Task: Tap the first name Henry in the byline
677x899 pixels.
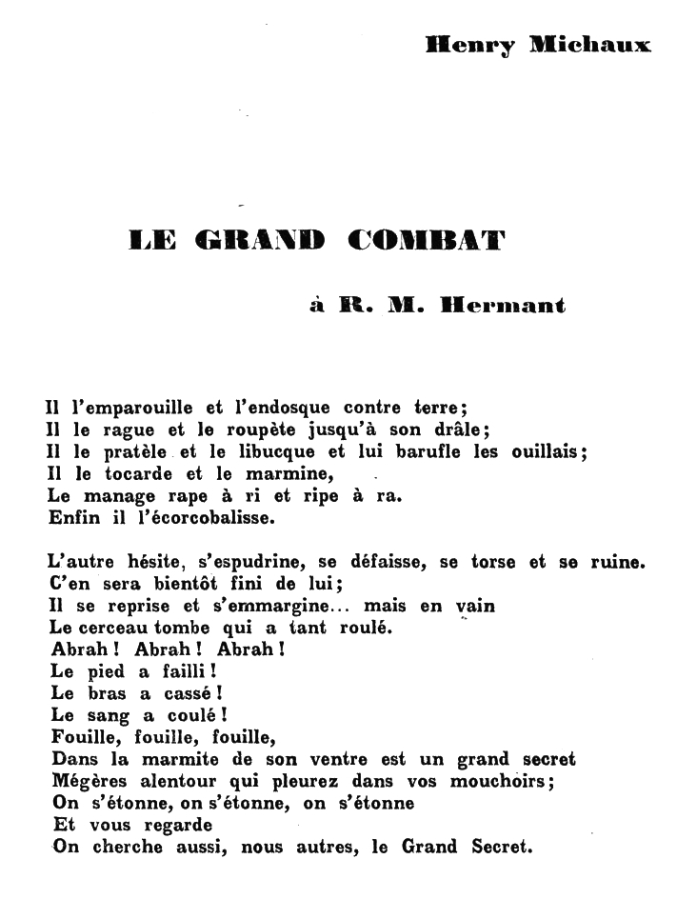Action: (468, 45)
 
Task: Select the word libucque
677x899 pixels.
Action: (279, 452)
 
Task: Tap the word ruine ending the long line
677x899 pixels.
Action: (618, 563)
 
